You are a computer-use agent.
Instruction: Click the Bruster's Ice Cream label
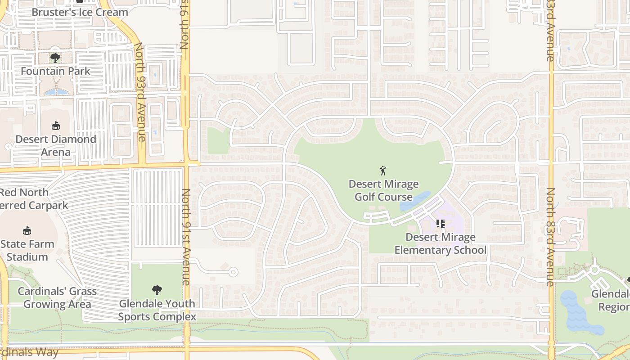click(x=80, y=12)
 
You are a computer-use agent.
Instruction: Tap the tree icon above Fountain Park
click(x=55, y=58)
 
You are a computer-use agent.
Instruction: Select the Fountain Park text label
click(x=55, y=71)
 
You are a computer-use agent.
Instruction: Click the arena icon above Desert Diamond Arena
click(x=56, y=126)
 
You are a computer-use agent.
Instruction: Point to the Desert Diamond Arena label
click(x=56, y=145)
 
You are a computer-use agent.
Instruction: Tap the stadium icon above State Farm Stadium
click(x=27, y=231)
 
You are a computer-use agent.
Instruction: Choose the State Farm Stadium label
click(x=27, y=251)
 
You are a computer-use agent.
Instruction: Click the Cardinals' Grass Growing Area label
click(x=57, y=297)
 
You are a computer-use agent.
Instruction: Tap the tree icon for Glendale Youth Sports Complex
click(x=157, y=290)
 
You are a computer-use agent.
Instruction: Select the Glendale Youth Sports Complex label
click(x=157, y=310)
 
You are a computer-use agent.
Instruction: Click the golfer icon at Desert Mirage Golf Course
click(x=383, y=171)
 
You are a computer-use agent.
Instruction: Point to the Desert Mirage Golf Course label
click(x=384, y=190)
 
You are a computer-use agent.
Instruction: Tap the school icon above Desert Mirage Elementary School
click(x=440, y=223)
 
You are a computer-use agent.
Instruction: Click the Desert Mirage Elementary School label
click(x=441, y=243)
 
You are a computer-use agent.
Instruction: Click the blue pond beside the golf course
click(x=414, y=201)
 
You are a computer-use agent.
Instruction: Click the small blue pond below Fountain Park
click(x=57, y=92)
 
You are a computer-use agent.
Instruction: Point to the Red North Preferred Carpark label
click(x=31, y=199)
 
